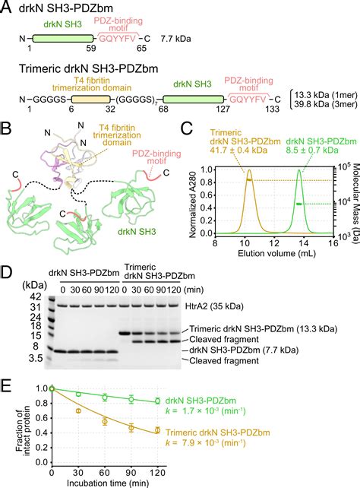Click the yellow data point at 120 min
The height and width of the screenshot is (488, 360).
click(157, 430)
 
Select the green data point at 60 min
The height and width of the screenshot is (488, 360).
click(105, 396)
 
